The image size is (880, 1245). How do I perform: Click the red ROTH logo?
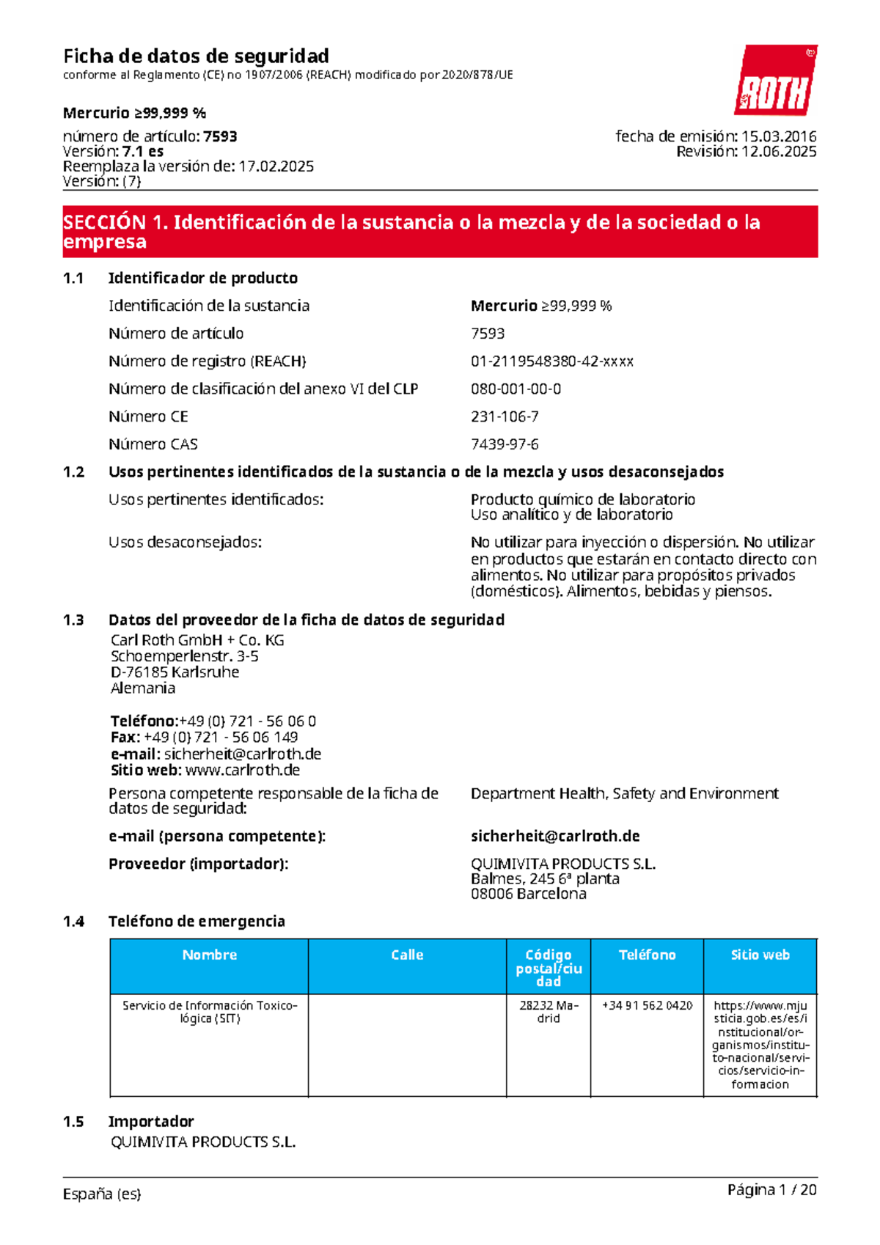pos(776,81)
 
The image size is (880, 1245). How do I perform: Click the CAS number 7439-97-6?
pos(505,444)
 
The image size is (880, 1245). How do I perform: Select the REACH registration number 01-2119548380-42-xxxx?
pos(551,361)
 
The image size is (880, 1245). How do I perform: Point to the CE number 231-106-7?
pos(505,416)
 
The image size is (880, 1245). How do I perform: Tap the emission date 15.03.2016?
pos(779,136)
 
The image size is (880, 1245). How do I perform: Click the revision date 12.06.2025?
pos(779,152)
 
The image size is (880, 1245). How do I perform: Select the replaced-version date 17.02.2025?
pos(276,166)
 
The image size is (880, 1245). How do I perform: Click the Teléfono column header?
pos(647,955)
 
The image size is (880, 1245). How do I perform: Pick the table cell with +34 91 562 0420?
pos(647,1005)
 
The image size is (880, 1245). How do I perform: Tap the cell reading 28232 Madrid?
pos(549,1012)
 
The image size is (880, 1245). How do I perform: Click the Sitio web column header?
pos(760,955)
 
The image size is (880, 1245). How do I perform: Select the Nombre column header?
pos(209,955)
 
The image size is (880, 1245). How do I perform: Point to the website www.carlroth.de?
pos(242,770)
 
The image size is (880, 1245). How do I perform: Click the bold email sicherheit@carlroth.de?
pos(555,837)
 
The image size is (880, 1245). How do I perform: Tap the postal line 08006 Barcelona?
pos(528,894)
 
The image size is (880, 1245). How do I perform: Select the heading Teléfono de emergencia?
pos(197,922)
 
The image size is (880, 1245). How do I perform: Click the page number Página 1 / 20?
pos(771,1190)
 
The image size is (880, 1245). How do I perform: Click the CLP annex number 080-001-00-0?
pos(516,389)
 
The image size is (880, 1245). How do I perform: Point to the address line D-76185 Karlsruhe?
pos(175,672)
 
